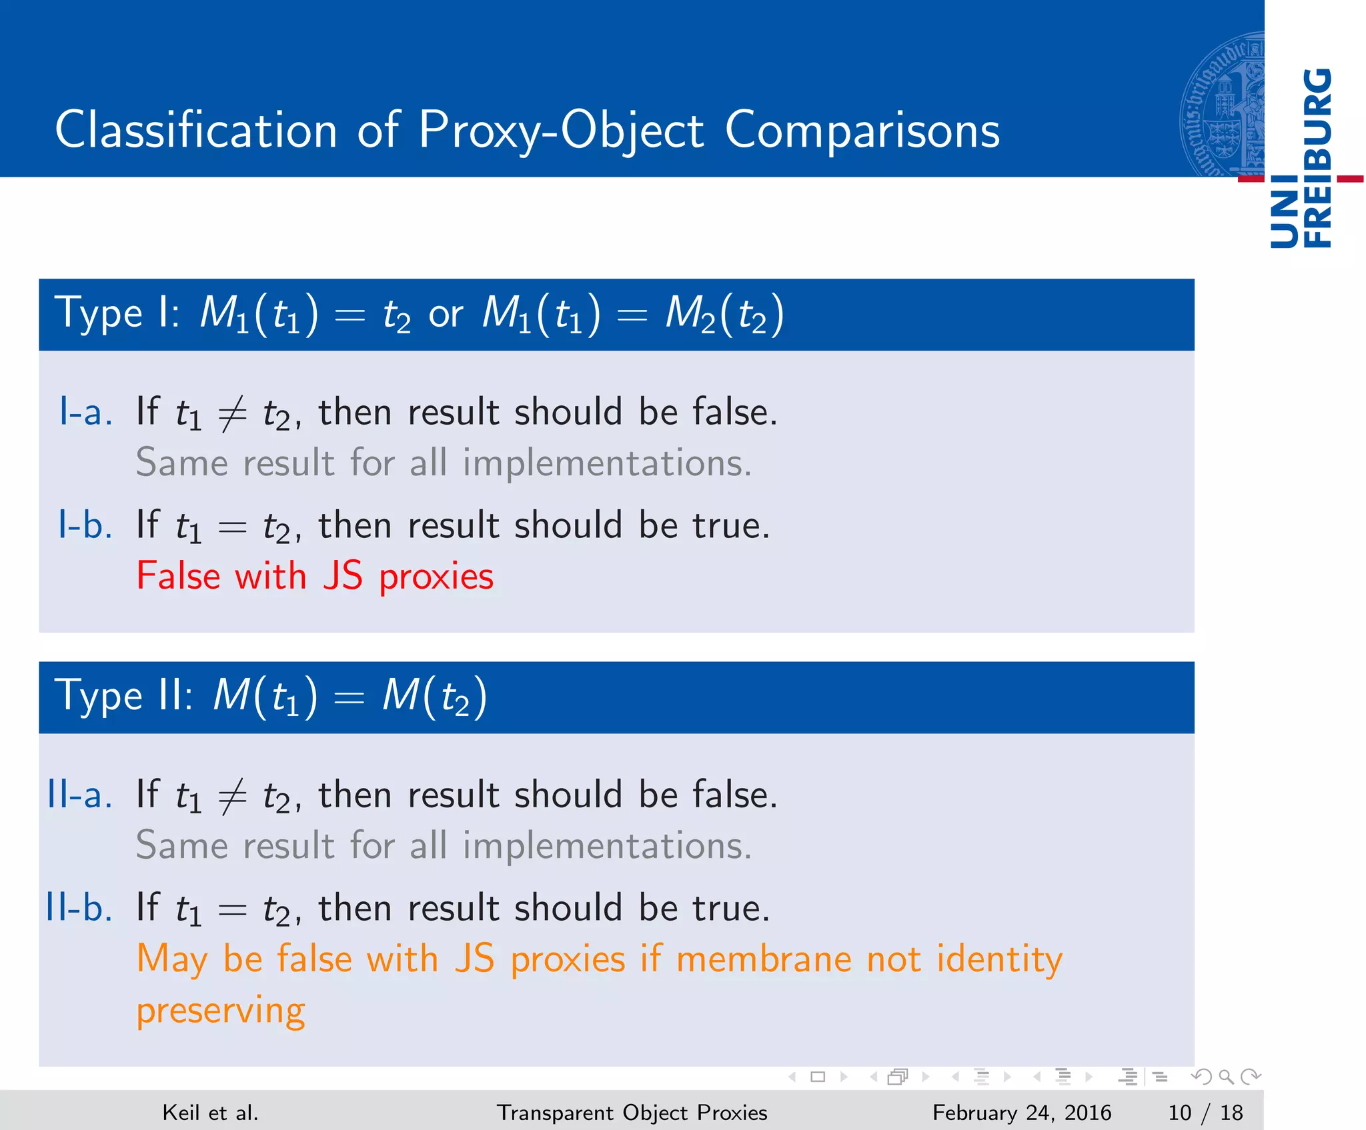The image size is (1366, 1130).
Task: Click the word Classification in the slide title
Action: click(196, 129)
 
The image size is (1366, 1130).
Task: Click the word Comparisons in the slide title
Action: click(862, 129)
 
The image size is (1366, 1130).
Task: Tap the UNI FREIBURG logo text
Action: click(1301, 159)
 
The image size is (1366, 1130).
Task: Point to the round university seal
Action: click(1222, 105)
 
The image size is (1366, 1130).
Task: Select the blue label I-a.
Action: click(85, 411)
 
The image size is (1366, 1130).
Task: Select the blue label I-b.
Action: click(85, 525)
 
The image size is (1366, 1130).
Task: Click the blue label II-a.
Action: click(79, 794)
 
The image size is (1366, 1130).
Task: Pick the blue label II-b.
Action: click(79, 907)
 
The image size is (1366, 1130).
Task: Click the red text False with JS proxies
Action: click(315, 576)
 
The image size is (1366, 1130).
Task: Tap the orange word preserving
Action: click(221, 1011)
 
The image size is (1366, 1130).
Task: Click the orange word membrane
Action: click(764, 959)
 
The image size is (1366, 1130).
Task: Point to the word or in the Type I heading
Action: click(446, 314)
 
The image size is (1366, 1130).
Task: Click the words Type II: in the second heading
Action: click(124, 697)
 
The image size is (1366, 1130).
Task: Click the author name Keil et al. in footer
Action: click(210, 1112)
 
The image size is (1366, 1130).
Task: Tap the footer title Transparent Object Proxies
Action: click(632, 1112)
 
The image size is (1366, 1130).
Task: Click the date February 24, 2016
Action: click(1021, 1112)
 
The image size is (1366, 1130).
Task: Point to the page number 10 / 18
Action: click(1205, 1112)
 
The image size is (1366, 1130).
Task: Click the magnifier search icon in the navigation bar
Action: click(1226, 1077)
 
